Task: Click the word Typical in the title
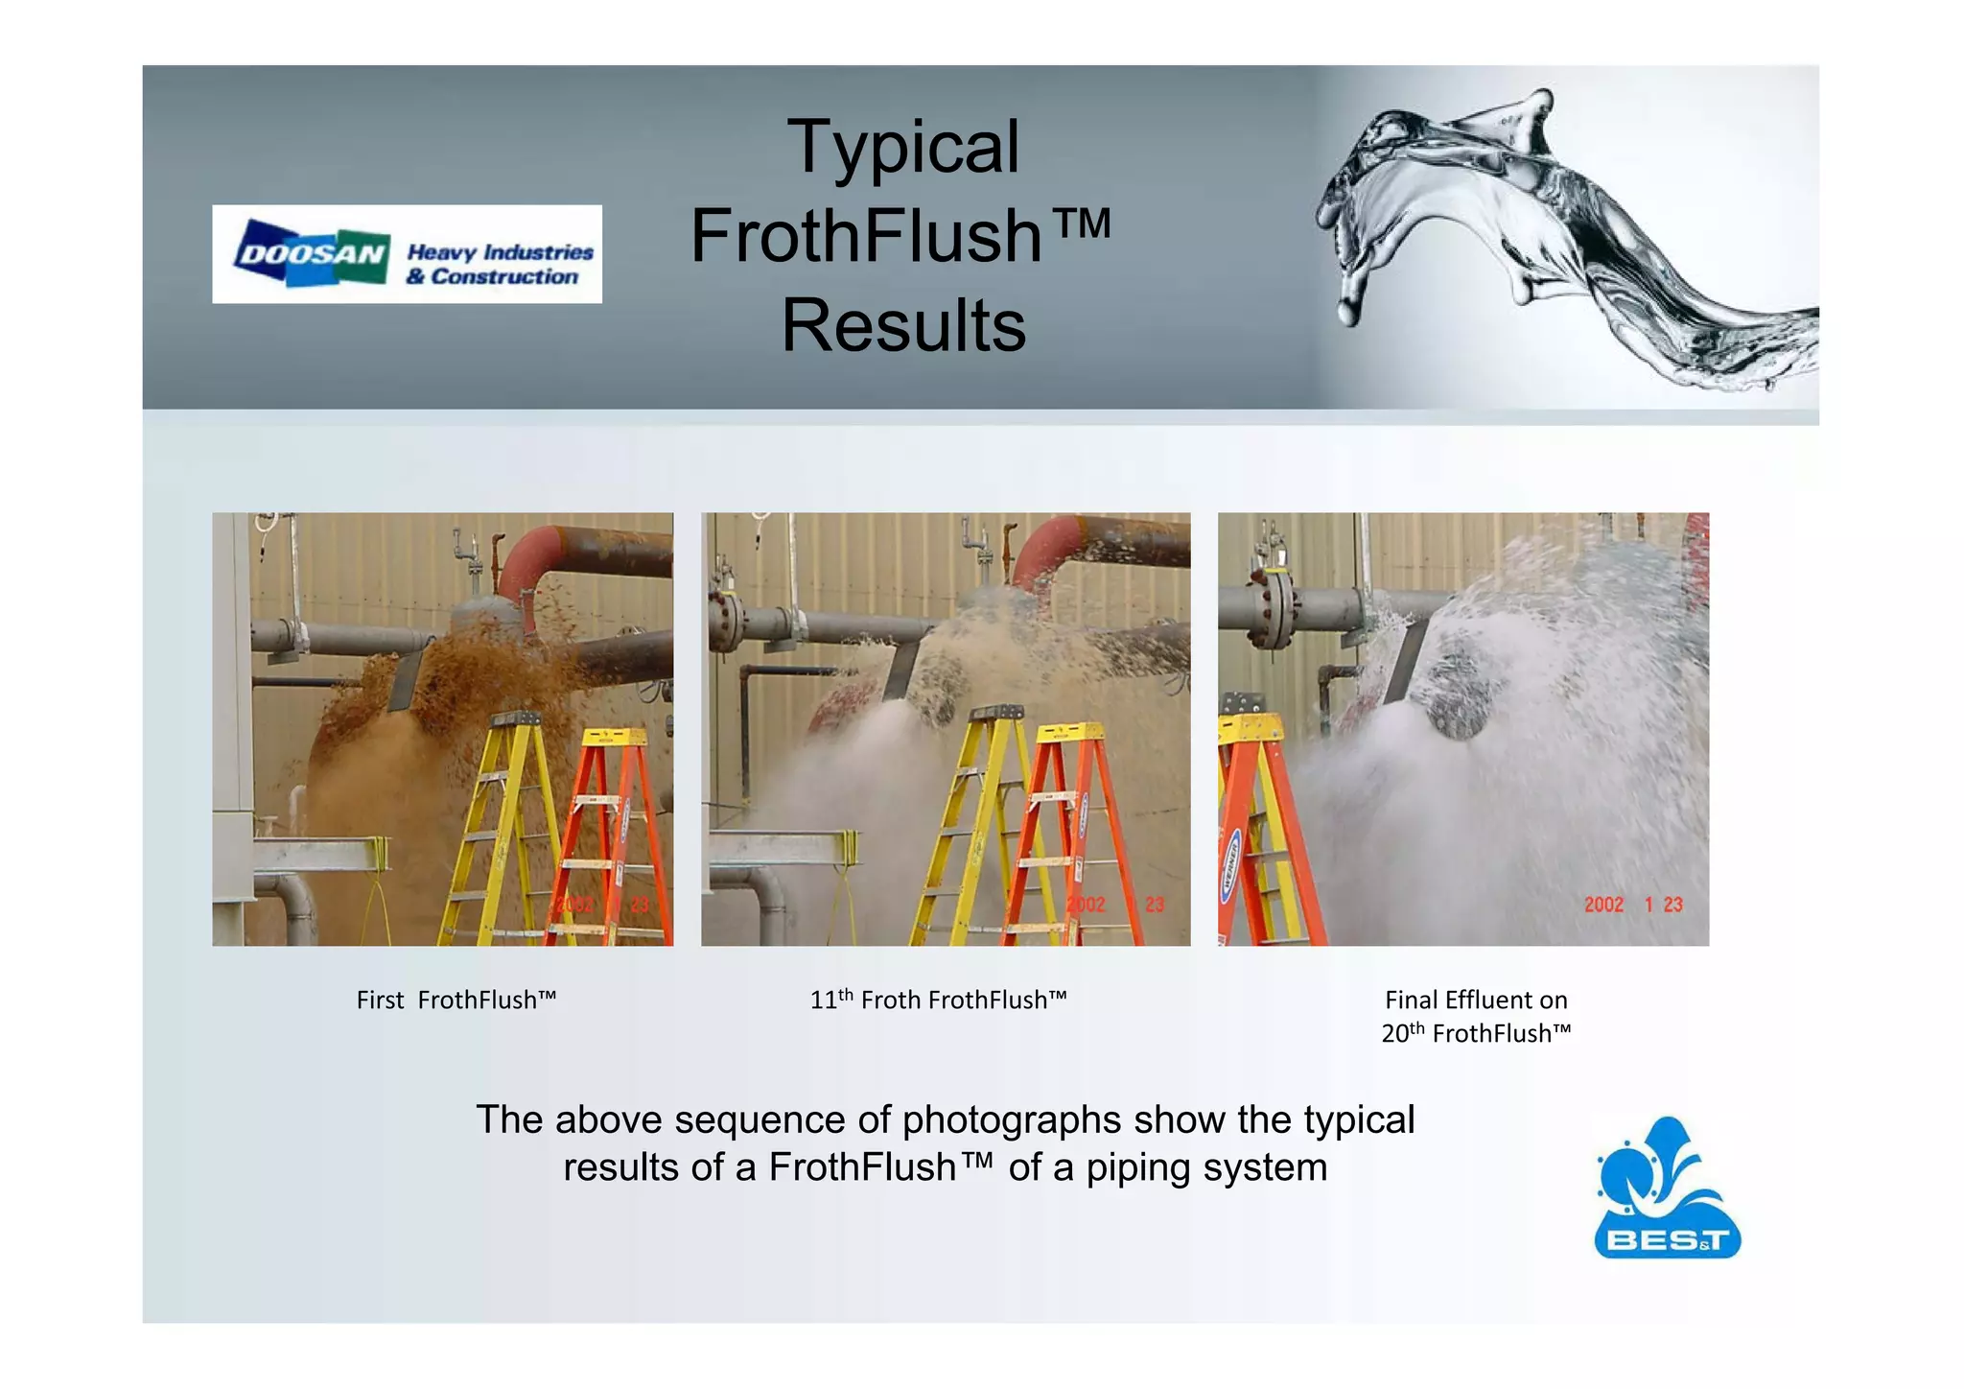point(903,147)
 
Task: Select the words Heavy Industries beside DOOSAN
point(500,252)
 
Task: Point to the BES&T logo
point(1667,1190)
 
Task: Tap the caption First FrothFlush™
point(456,1001)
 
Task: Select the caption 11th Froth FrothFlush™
point(938,1001)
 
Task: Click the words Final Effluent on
point(1476,1001)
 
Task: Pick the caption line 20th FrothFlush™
point(1476,1033)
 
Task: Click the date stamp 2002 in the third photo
point(1603,905)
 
